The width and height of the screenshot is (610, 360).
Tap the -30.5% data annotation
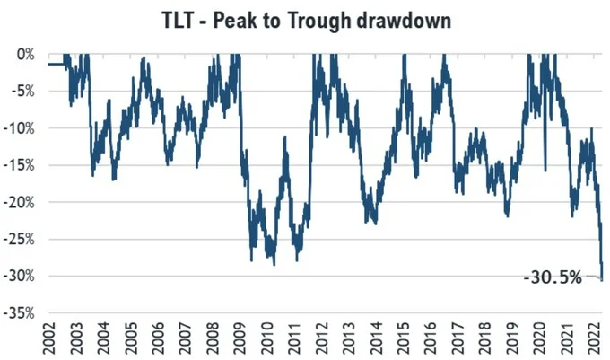click(x=553, y=278)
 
